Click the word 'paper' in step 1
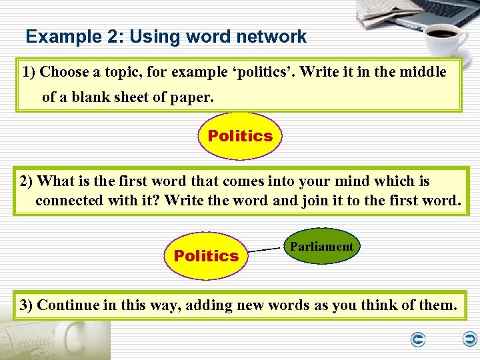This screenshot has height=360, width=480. point(193,97)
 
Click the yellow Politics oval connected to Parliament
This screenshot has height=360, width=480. point(206,255)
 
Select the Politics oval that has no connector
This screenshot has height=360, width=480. point(240,136)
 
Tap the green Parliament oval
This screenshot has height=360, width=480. point(321,247)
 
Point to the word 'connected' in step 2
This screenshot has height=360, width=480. point(69,200)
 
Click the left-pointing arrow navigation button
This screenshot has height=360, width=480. point(418,341)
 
